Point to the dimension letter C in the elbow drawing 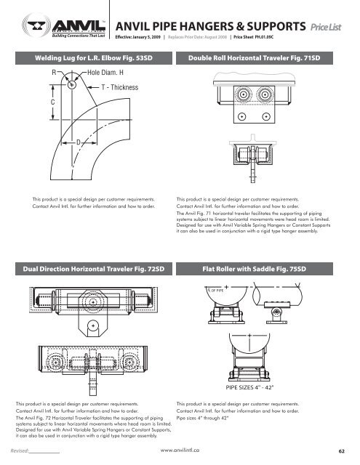click(52, 103)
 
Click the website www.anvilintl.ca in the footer click(180, 450)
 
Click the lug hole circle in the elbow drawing click(73, 83)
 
